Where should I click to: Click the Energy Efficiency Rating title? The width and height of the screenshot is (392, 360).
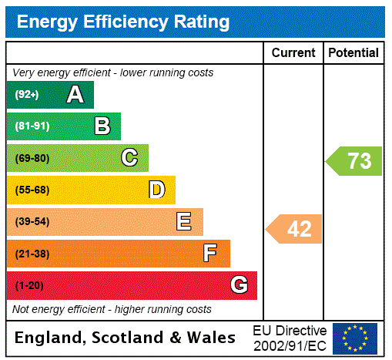click(x=123, y=22)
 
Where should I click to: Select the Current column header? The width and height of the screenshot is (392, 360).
click(x=293, y=52)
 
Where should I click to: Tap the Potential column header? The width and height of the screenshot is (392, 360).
click(x=353, y=52)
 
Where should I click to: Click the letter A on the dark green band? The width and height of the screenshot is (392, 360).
click(x=75, y=95)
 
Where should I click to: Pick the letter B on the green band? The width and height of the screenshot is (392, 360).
click(x=102, y=126)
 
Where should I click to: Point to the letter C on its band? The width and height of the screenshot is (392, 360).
click(x=129, y=158)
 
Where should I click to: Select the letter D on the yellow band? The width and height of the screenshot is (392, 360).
click(x=156, y=190)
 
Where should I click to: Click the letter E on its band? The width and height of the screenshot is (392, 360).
click(x=184, y=222)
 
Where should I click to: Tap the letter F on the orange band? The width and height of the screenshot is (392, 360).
click(x=210, y=253)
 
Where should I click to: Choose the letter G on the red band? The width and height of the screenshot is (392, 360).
click(x=239, y=285)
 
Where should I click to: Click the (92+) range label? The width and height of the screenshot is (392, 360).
click(x=27, y=95)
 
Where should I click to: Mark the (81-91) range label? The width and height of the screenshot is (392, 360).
click(x=32, y=126)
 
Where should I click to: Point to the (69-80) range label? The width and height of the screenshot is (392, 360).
click(x=32, y=158)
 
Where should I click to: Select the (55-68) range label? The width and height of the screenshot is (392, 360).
click(x=32, y=190)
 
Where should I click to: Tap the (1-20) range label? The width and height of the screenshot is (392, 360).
click(x=29, y=285)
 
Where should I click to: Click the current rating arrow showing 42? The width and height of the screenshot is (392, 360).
click(x=295, y=229)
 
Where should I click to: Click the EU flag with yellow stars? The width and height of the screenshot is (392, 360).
click(x=355, y=338)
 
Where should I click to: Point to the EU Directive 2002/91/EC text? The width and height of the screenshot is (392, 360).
click(x=290, y=338)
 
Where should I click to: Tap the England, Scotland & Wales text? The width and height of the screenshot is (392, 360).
click(x=126, y=338)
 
